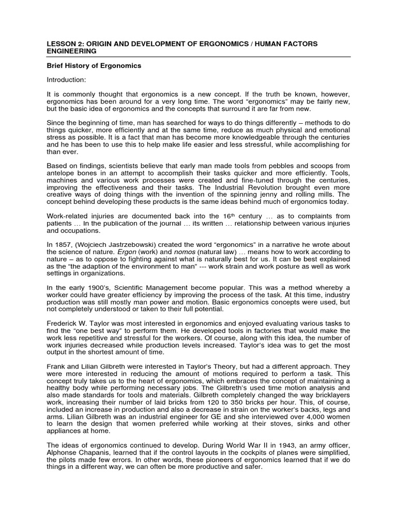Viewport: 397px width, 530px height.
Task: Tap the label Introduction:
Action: pos(67,80)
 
